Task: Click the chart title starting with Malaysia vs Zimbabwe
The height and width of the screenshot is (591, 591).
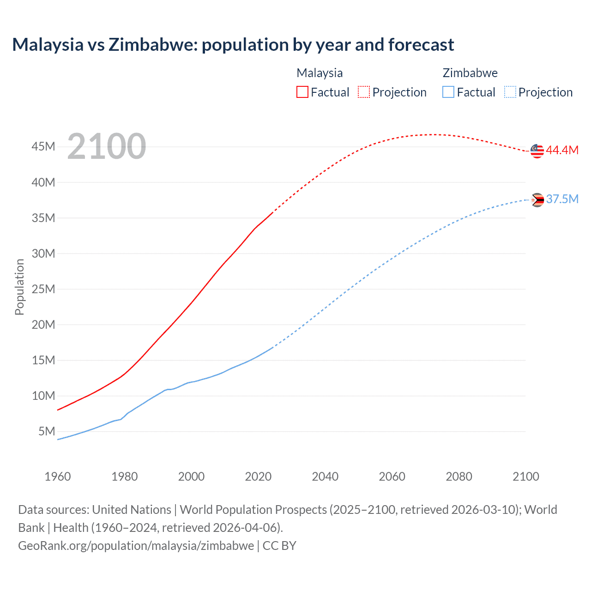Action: click(x=233, y=45)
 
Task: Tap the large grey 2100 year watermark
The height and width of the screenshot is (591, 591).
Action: click(x=107, y=146)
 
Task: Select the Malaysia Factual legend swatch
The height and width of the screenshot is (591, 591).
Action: click(x=302, y=92)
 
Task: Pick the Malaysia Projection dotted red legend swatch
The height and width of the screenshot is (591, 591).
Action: click(x=364, y=92)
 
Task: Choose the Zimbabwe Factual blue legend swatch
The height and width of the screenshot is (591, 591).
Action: click(x=448, y=92)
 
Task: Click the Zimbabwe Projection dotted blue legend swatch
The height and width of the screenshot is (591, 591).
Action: click(x=510, y=92)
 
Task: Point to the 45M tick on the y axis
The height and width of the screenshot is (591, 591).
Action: click(x=43, y=147)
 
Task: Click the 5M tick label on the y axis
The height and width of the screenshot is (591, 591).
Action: click(x=47, y=431)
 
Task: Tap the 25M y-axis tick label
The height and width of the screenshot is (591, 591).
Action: click(x=43, y=289)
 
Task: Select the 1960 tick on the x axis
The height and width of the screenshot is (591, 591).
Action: click(x=58, y=476)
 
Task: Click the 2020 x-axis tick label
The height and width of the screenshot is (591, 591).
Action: click(x=258, y=476)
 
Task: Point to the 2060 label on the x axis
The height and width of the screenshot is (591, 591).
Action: click(x=392, y=476)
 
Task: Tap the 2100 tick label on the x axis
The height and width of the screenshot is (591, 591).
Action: click(x=525, y=476)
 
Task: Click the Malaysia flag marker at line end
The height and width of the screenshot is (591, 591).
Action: click(x=537, y=151)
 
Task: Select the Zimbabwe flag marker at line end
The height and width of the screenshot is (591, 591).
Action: click(x=537, y=200)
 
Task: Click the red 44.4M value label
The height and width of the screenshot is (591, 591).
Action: click(x=562, y=150)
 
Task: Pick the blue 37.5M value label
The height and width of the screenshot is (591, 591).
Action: click(x=562, y=199)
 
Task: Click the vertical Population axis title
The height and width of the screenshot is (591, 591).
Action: click(x=19, y=287)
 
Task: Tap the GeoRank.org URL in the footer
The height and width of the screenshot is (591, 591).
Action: click(x=136, y=546)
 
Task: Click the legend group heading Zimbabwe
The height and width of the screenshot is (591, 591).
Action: click(x=470, y=73)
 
